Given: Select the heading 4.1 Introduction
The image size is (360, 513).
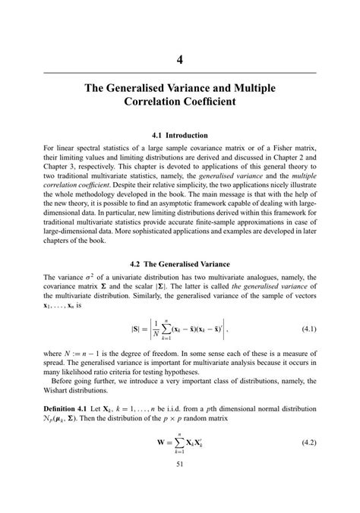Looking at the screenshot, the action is [x=180, y=135].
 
